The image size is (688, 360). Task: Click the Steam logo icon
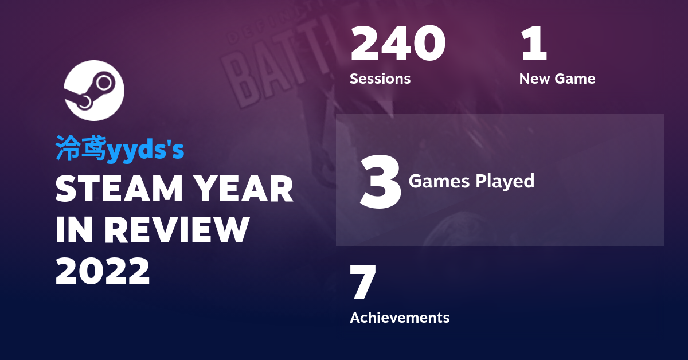click(x=93, y=91)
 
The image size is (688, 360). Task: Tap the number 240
click(x=397, y=44)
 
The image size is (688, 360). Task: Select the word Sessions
click(x=380, y=79)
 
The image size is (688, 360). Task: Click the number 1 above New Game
click(x=534, y=44)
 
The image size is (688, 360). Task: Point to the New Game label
click(x=557, y=79)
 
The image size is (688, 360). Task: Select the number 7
click(x=363, y=283)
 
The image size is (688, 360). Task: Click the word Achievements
click(x=400, y=317)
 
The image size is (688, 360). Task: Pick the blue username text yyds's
click(x=146, y=149)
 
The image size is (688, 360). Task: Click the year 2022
click(x=103, y=271)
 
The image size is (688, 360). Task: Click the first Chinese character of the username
click(x=68, y=148)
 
